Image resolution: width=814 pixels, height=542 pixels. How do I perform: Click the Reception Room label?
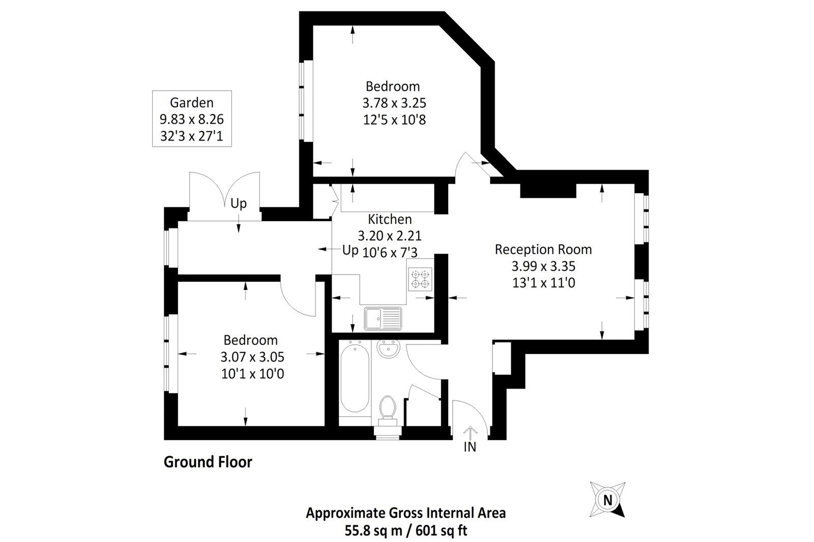pos(543,250)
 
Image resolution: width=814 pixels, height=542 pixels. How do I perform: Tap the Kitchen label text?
pos(390,220)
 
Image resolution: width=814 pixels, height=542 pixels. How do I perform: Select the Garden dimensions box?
pos(192,119)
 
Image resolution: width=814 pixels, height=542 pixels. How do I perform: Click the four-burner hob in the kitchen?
pos(421,279)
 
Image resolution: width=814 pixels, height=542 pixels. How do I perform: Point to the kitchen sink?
pos(383,318)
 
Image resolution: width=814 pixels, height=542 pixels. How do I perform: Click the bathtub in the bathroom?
pos(354,378)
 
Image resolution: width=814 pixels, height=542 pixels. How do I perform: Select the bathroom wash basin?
pos(389,349)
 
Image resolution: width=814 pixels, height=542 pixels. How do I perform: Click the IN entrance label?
pos(470,447)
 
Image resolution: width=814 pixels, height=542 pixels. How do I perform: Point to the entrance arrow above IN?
pos(470,432)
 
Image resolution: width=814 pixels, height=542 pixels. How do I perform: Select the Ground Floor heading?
pos(208,463)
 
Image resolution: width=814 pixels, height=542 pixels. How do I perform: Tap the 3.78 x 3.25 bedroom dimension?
pos(394,103)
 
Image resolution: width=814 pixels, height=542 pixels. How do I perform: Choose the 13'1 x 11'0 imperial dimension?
pos(543,283)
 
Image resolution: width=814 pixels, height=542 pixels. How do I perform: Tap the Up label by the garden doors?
pos(238,204)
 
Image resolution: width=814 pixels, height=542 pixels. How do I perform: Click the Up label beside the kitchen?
pos(350,251)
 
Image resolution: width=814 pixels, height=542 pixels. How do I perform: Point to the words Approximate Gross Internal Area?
pos(405,513)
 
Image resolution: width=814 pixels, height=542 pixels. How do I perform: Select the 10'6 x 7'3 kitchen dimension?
pos(391,252)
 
